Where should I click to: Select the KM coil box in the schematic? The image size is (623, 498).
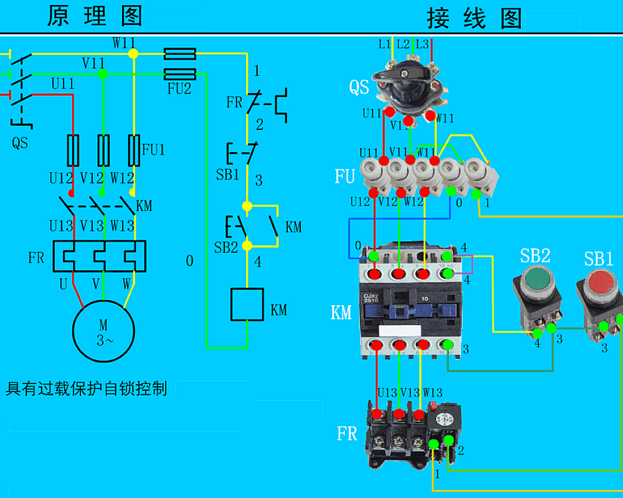click(247, 304)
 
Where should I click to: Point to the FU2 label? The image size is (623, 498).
click(179, 88)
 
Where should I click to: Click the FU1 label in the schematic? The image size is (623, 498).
click(154, 149)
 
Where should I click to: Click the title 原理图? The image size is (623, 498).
click(95, 16)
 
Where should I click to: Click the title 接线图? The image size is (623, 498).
click(474, 19)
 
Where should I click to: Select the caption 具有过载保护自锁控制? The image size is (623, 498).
click(87, 389)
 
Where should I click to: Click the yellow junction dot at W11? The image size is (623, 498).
click(133, 54)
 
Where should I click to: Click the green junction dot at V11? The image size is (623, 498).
click(103, 74)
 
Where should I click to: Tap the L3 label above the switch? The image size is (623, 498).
click(422, 44)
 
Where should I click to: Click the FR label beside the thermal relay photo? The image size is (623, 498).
click(347, 433)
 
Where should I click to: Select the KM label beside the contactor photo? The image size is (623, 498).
click(341, 312)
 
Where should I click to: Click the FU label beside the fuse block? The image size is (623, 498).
click(345, 177)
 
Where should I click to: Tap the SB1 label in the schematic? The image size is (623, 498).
click(227, 175)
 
